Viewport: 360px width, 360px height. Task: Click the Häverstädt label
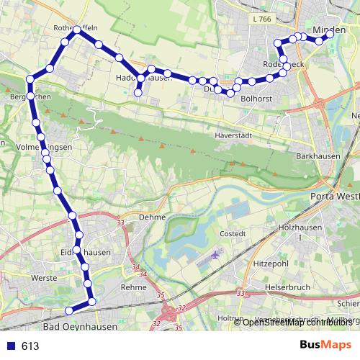point(234,135)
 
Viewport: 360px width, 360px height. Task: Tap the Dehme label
point(153,217)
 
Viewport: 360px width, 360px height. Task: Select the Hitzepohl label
point(271,264)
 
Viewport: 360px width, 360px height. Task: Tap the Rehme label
point(134,287)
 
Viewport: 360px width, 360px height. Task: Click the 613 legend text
point(30,346)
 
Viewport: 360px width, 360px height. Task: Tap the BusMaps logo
point(325,345)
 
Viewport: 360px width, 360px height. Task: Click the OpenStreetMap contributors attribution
point(296,322)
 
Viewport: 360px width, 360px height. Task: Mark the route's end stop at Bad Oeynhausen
point(69,310)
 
